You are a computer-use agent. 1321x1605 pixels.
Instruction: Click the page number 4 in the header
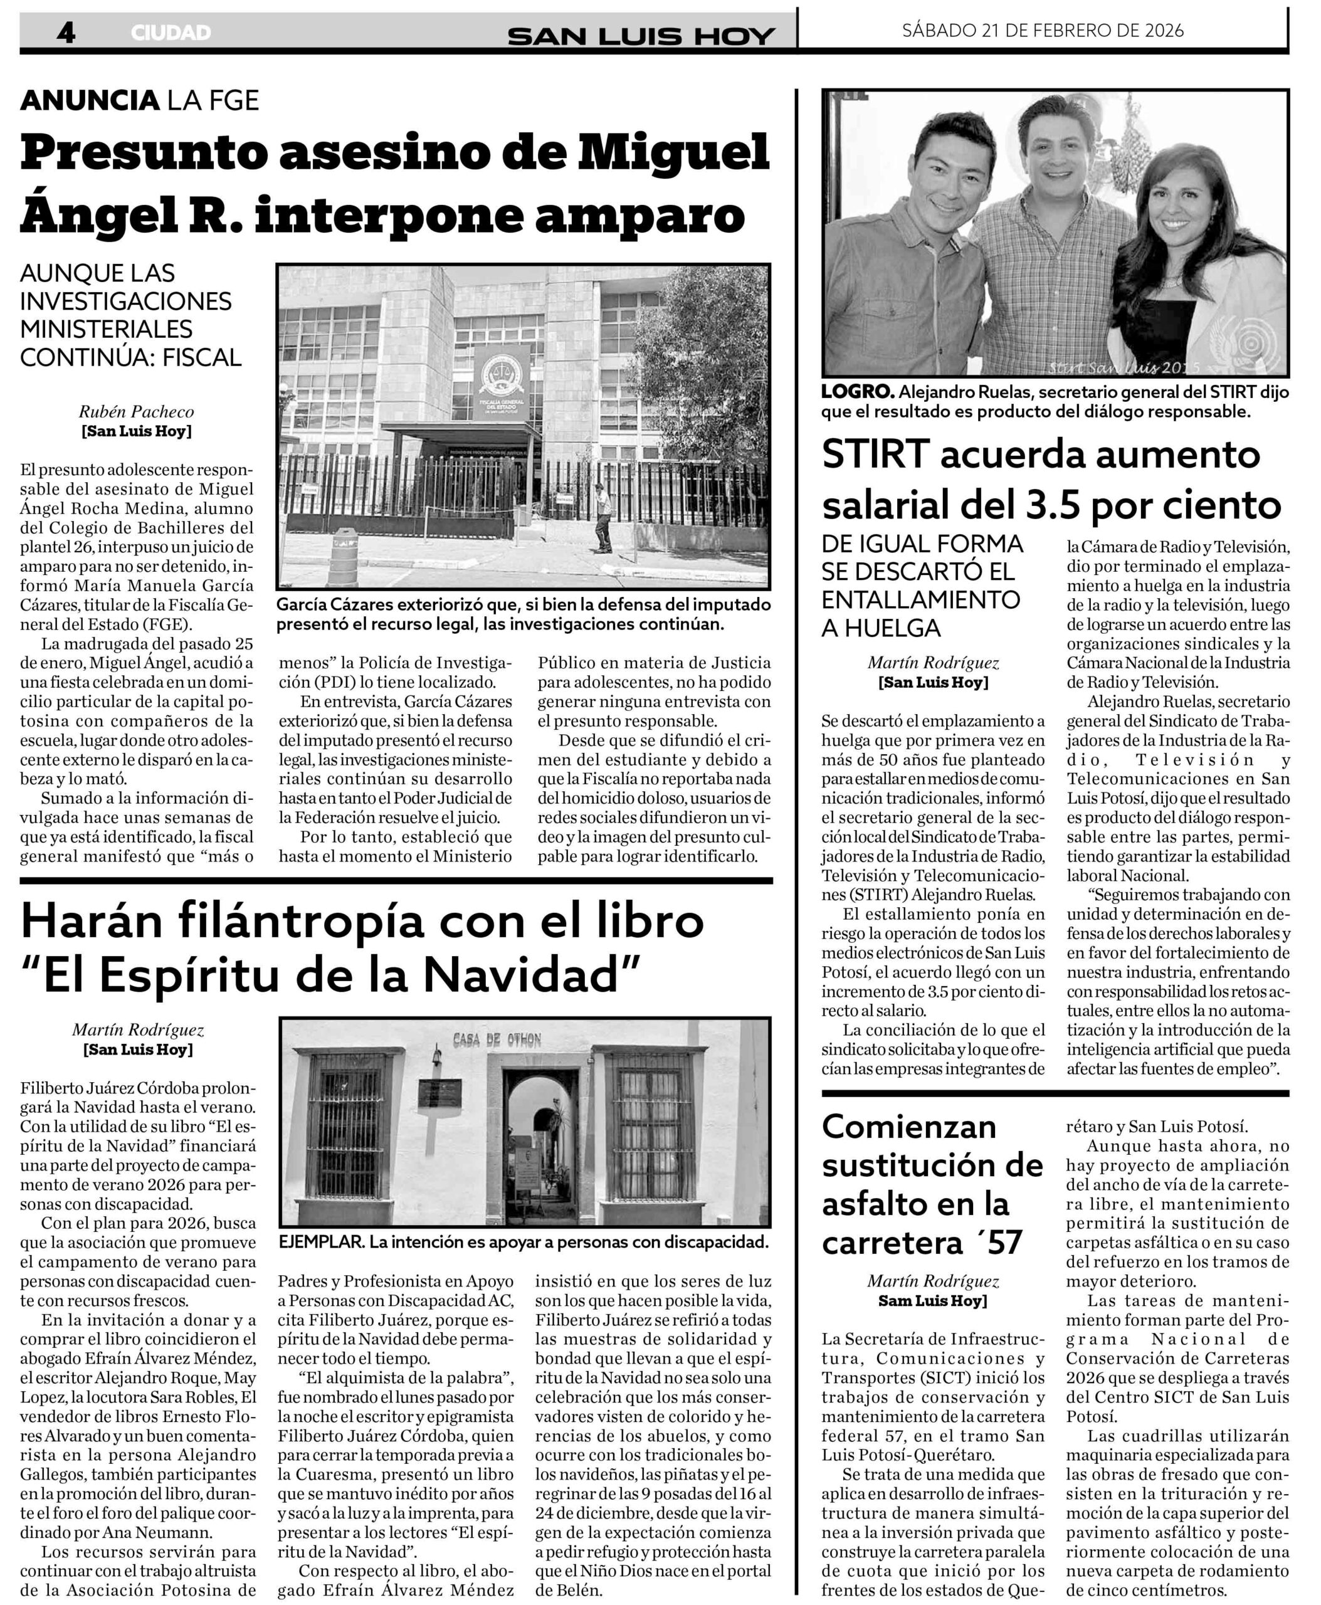click(x=66, y=32)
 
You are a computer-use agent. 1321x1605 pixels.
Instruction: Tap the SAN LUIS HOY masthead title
click(x=641, y=35)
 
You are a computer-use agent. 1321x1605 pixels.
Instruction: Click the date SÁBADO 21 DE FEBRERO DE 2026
click(x=1043, y=31)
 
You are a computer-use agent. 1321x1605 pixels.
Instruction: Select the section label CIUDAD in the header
click(x=171, y=33)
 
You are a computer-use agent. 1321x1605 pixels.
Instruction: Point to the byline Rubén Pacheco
click(x=136, y=412)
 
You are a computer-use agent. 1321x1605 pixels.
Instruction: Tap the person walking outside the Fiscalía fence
click(x=603, y=517)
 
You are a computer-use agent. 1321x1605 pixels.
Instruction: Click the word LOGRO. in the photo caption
click(x=857, y=392)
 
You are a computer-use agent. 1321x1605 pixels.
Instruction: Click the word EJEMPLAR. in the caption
click(x=321, y=1242)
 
